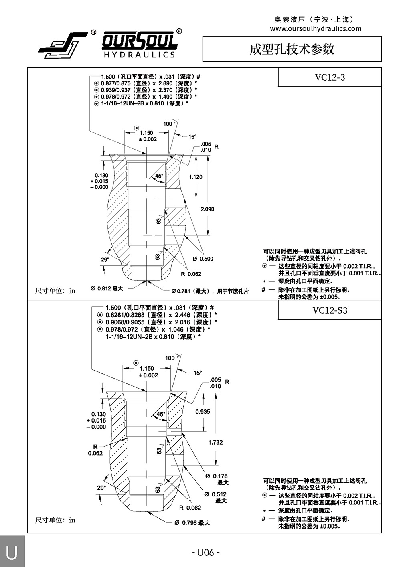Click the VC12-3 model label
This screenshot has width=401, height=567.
coord(330,77)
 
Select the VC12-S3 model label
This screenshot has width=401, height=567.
coord(330,310)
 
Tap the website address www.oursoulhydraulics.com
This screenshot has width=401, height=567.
coord(316,28)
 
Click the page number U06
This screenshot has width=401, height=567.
coord(206,553)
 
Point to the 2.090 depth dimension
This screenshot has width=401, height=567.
coord(207,209)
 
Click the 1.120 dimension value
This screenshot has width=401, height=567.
coord(196,177)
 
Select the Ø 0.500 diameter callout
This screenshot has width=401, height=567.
coord(203,259)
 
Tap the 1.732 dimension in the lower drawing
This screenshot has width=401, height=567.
coord(215,442)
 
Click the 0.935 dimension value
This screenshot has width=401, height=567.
coord(203,411)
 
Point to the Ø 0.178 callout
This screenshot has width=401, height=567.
coord(217,476)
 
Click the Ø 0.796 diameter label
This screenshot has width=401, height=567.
coord(192,523)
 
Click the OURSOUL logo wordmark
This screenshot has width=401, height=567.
coord(139,41)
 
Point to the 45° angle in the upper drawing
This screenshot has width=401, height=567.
coord(159,176)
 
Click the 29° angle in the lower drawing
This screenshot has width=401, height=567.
coord(101,488)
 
